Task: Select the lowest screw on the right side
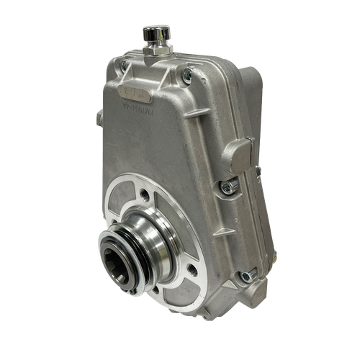[247, 274]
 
